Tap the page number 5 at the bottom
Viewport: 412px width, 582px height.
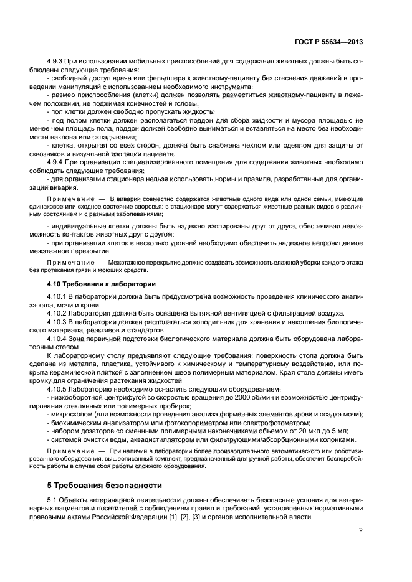(361, 529)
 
